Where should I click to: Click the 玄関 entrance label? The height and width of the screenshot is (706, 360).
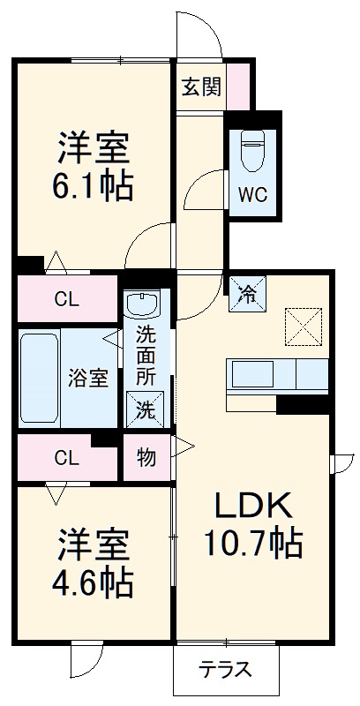coord(200,87)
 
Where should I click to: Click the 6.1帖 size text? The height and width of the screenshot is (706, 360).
coord(95,186)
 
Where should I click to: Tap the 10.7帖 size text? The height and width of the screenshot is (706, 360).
coord(254,541)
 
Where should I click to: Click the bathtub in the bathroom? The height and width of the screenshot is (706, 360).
coord(40,378)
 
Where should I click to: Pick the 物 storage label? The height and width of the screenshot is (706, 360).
coord(146,458)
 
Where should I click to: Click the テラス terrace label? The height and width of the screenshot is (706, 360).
coord(224,670)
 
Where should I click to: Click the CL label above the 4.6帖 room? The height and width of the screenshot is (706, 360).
coord(64,457)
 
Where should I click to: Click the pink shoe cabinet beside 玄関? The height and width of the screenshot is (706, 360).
coord(239,86)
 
